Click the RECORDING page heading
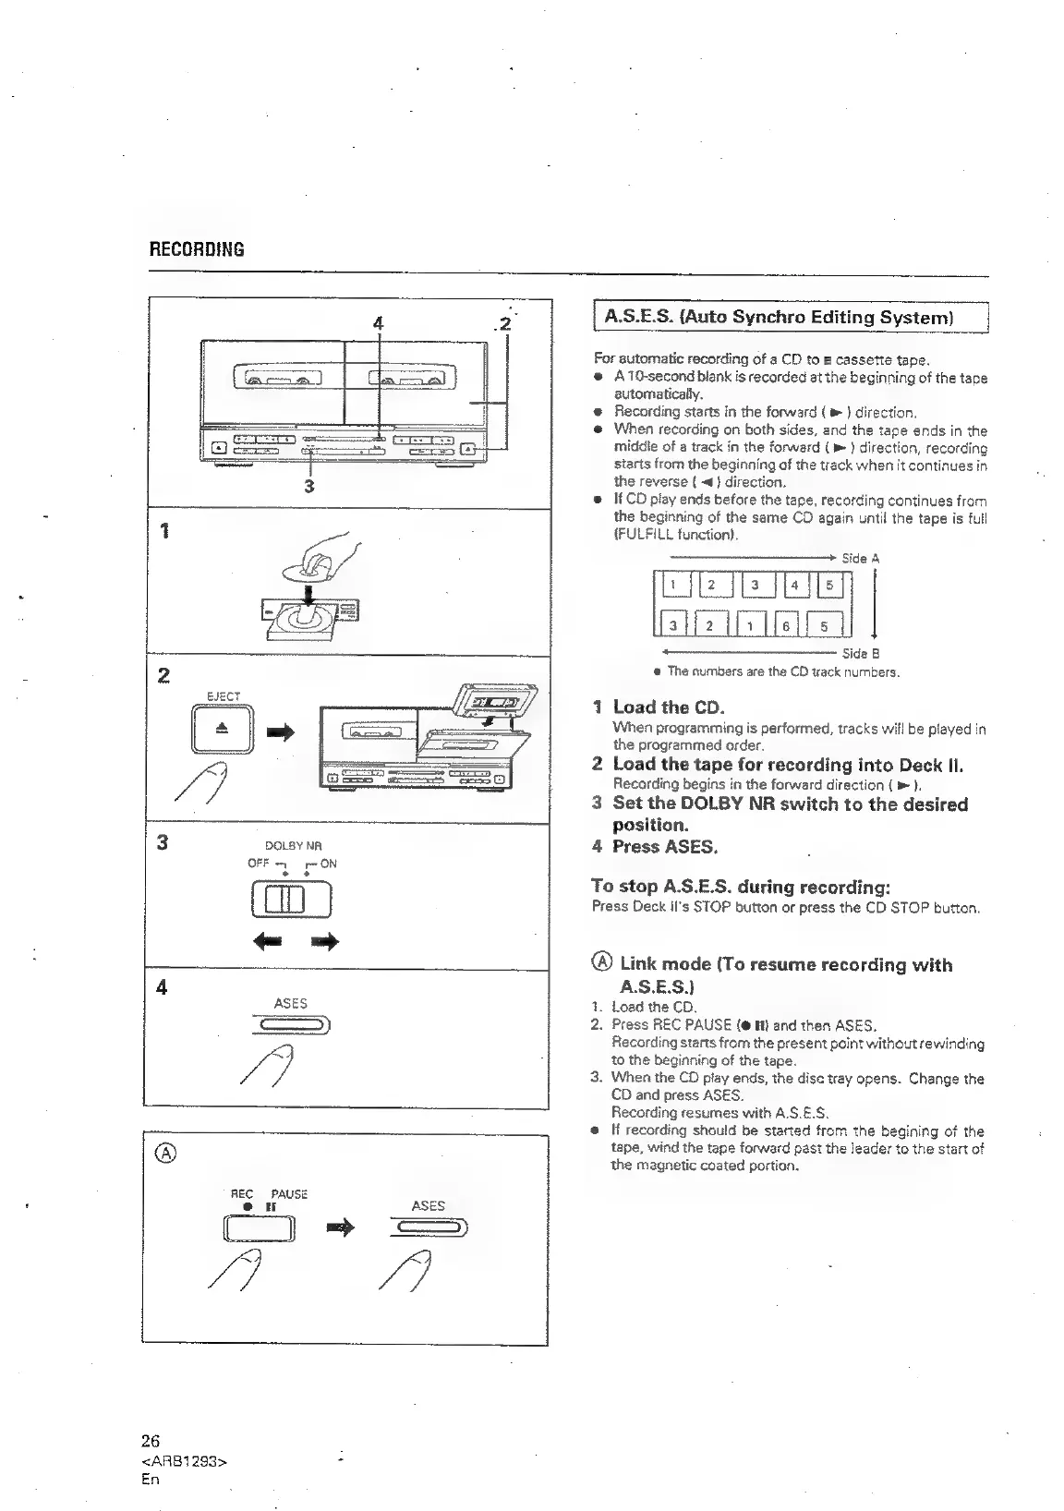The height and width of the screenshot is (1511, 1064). (x=197, y=249)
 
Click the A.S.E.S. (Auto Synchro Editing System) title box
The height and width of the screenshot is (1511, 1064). (x=779, y=318)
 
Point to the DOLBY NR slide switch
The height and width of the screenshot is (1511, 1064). (x=289, y=900)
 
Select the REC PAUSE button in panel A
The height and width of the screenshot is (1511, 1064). (x=259, y=1229)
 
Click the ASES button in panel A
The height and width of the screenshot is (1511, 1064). (x=429, y=1227)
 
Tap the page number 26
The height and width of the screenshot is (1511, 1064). (x=151, y=1441)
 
